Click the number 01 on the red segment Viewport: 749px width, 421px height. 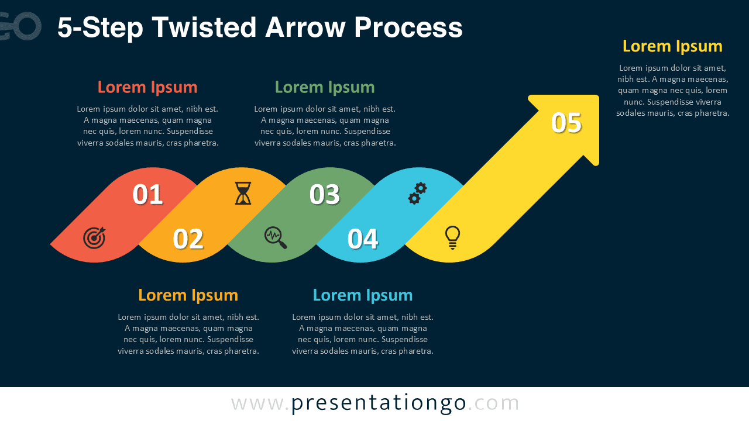click(x=147, y=195)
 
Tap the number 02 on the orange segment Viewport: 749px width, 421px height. click(x=188, y=239)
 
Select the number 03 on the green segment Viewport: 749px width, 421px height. click(x=325, y=195)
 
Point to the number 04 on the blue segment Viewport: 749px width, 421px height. click(x=363, y=239)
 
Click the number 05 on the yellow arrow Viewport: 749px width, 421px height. click(x=566, y=123)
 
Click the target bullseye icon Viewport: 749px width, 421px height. click(x=94, y=237)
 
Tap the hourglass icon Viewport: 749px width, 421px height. click(x=243, y=193)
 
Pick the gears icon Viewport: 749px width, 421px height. click(x=417, y=193)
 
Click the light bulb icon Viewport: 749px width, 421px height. click(x=452, y=237)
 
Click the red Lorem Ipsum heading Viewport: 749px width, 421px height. click(x=147, y=87)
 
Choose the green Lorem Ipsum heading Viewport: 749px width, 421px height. click(x=325, y=87)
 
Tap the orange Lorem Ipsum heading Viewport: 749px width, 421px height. click(x=188, y=295)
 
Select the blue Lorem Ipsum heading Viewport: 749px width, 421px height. click(x=363, y=295)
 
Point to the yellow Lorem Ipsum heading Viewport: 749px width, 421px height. click(x=672, y=46)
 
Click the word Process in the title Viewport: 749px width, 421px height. click(x=408, y=27)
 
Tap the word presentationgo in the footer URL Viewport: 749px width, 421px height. click(x=379, y=403)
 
